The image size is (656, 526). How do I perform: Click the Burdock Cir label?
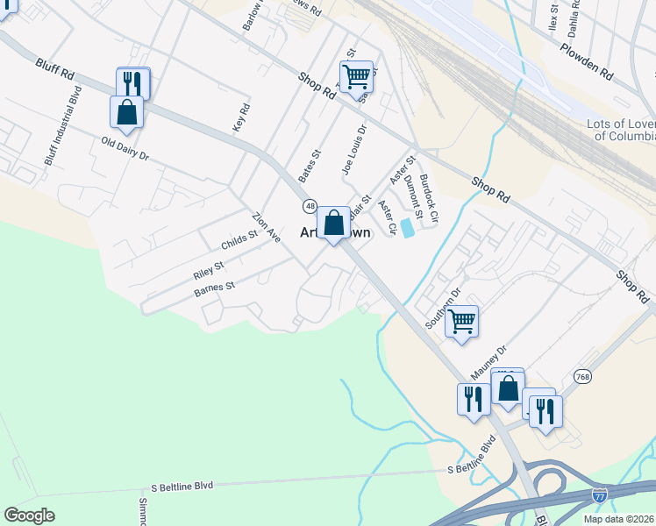tap(428, 196)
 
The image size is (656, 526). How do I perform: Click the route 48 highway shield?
tap(310, 206)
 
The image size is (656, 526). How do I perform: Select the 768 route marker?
tap(582, 376)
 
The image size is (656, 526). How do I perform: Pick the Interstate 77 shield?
tap(600, 496)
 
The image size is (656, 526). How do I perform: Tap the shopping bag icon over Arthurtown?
tap(333, 224)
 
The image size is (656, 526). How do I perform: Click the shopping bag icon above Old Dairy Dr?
tap(126, 112)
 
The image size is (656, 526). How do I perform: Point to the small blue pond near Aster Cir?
tap(408, 227)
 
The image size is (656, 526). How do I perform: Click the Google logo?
tap(29, 515)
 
